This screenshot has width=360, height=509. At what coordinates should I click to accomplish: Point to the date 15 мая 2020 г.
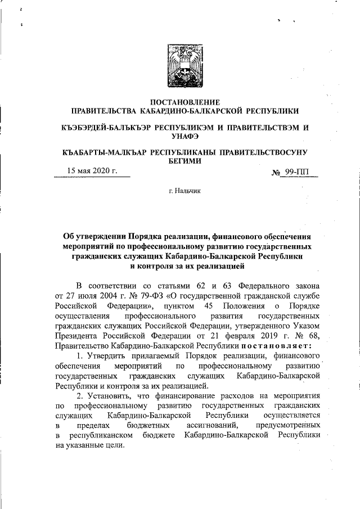point(92,171)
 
